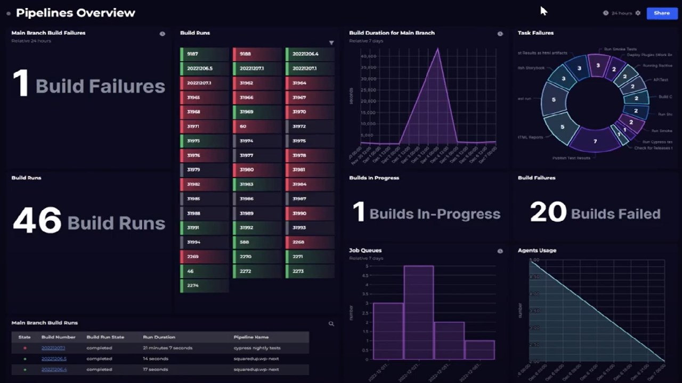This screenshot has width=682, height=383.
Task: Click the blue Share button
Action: point(662,13)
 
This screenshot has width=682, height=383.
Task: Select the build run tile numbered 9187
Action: point(204,54)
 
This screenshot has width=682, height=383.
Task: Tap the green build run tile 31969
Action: point(257,112)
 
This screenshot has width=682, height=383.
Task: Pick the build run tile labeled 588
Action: point(257,242)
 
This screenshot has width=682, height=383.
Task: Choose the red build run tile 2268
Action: point(310,242)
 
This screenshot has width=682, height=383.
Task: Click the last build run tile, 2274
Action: point(204,286)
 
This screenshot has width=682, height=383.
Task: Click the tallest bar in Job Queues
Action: point(418,312)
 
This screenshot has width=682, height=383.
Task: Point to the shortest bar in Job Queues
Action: point(480,349)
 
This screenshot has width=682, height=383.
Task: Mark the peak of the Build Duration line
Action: point(438,49)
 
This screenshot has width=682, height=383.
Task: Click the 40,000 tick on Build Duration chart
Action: point(369,56)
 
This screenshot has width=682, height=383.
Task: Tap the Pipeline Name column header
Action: point(251,337)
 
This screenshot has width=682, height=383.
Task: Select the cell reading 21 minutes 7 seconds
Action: point(168,348)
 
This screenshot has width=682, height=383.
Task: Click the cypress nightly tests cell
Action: point(257,348)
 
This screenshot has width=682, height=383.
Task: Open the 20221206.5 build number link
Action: point(54,359)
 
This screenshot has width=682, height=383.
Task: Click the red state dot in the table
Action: point(25,348)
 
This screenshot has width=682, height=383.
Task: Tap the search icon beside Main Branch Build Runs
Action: point(331,323)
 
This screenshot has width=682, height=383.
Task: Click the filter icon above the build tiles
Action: point(331,43)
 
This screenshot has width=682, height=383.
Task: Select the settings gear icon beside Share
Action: point(638,13)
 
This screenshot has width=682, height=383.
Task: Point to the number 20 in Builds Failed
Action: point(548,212)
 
